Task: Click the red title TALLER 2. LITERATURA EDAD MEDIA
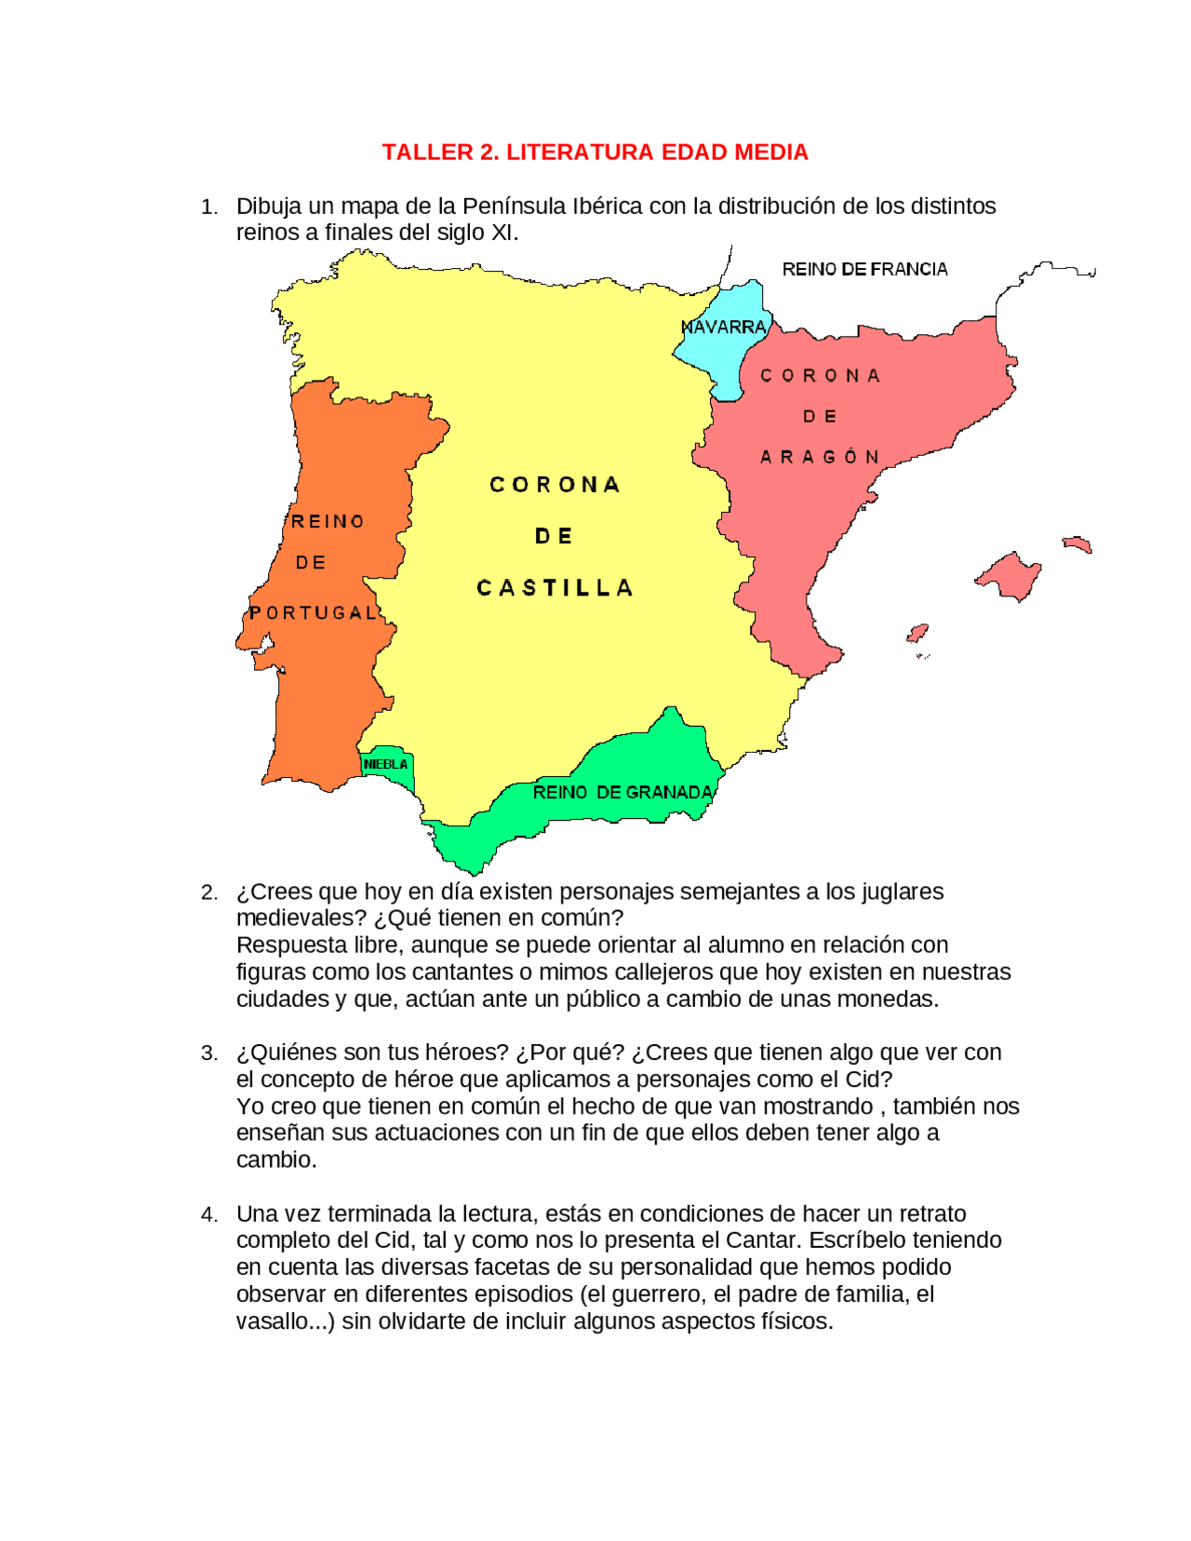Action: (595, 153)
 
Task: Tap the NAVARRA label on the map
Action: (723, 328)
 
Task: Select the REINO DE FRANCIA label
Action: (864, 270)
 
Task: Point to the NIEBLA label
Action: (385, 764)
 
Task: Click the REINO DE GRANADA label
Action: (622, 792)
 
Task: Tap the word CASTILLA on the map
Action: (555, 588)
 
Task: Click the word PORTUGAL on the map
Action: (314, 612)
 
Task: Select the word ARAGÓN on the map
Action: (820, 457)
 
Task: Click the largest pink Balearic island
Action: (1010, 575)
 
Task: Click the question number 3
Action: (209, 1053)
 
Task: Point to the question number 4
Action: (209, 1214)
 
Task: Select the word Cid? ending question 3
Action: (868, 1079)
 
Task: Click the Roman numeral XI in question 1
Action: (502, 233)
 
